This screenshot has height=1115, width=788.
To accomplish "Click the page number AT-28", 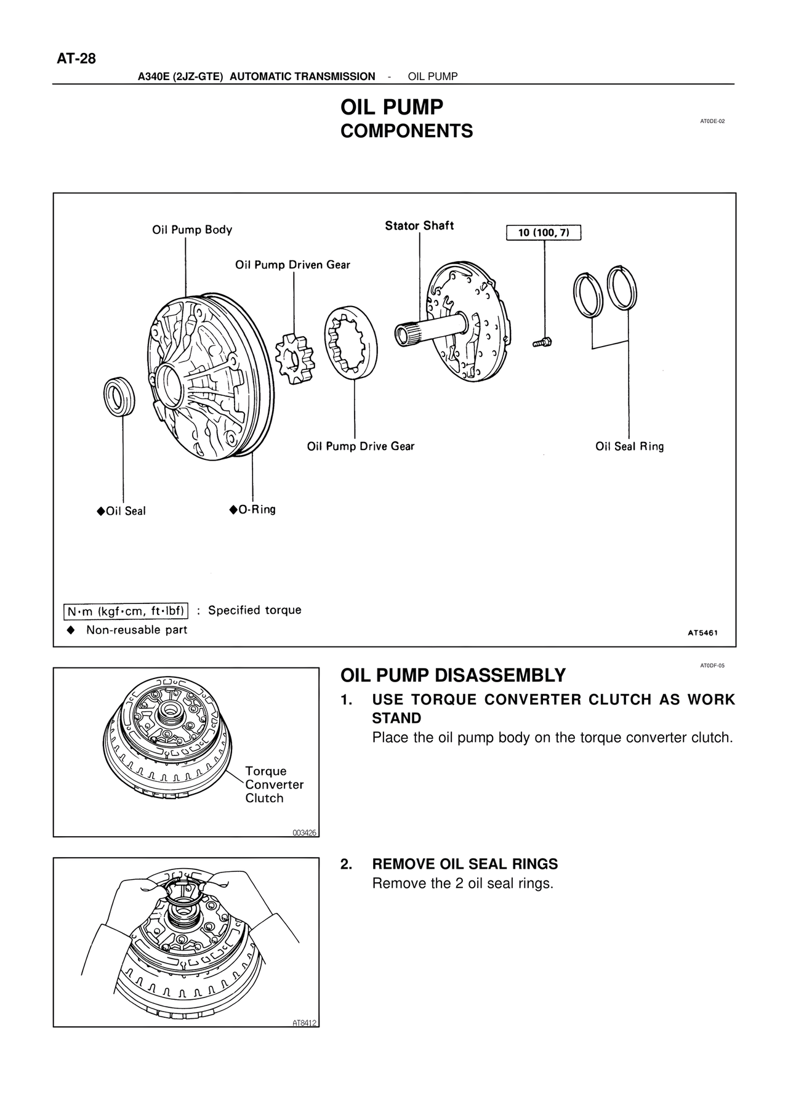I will coord(76,59).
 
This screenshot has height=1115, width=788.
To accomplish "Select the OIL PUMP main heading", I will coord(392,107).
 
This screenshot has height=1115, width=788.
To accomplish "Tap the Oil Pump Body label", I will coord(192,230).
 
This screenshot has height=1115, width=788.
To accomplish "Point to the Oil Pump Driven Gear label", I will coord(292,265).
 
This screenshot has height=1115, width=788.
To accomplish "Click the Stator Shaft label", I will coord(419,226).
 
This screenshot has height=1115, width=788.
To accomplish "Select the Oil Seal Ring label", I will coord(629,446).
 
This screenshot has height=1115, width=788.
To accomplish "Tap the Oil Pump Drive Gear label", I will coord(361,446).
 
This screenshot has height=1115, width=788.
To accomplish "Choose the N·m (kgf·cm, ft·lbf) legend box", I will coord(126,611).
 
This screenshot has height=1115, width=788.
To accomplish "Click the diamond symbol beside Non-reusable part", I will coord(71,630).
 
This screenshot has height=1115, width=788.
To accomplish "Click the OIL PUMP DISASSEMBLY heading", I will coord(452,675).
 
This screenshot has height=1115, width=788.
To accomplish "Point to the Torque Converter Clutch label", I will coord(274,784).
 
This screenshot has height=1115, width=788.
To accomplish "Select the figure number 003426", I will coord(304,832).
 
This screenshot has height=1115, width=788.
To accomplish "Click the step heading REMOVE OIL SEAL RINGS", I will coord(465,864).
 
